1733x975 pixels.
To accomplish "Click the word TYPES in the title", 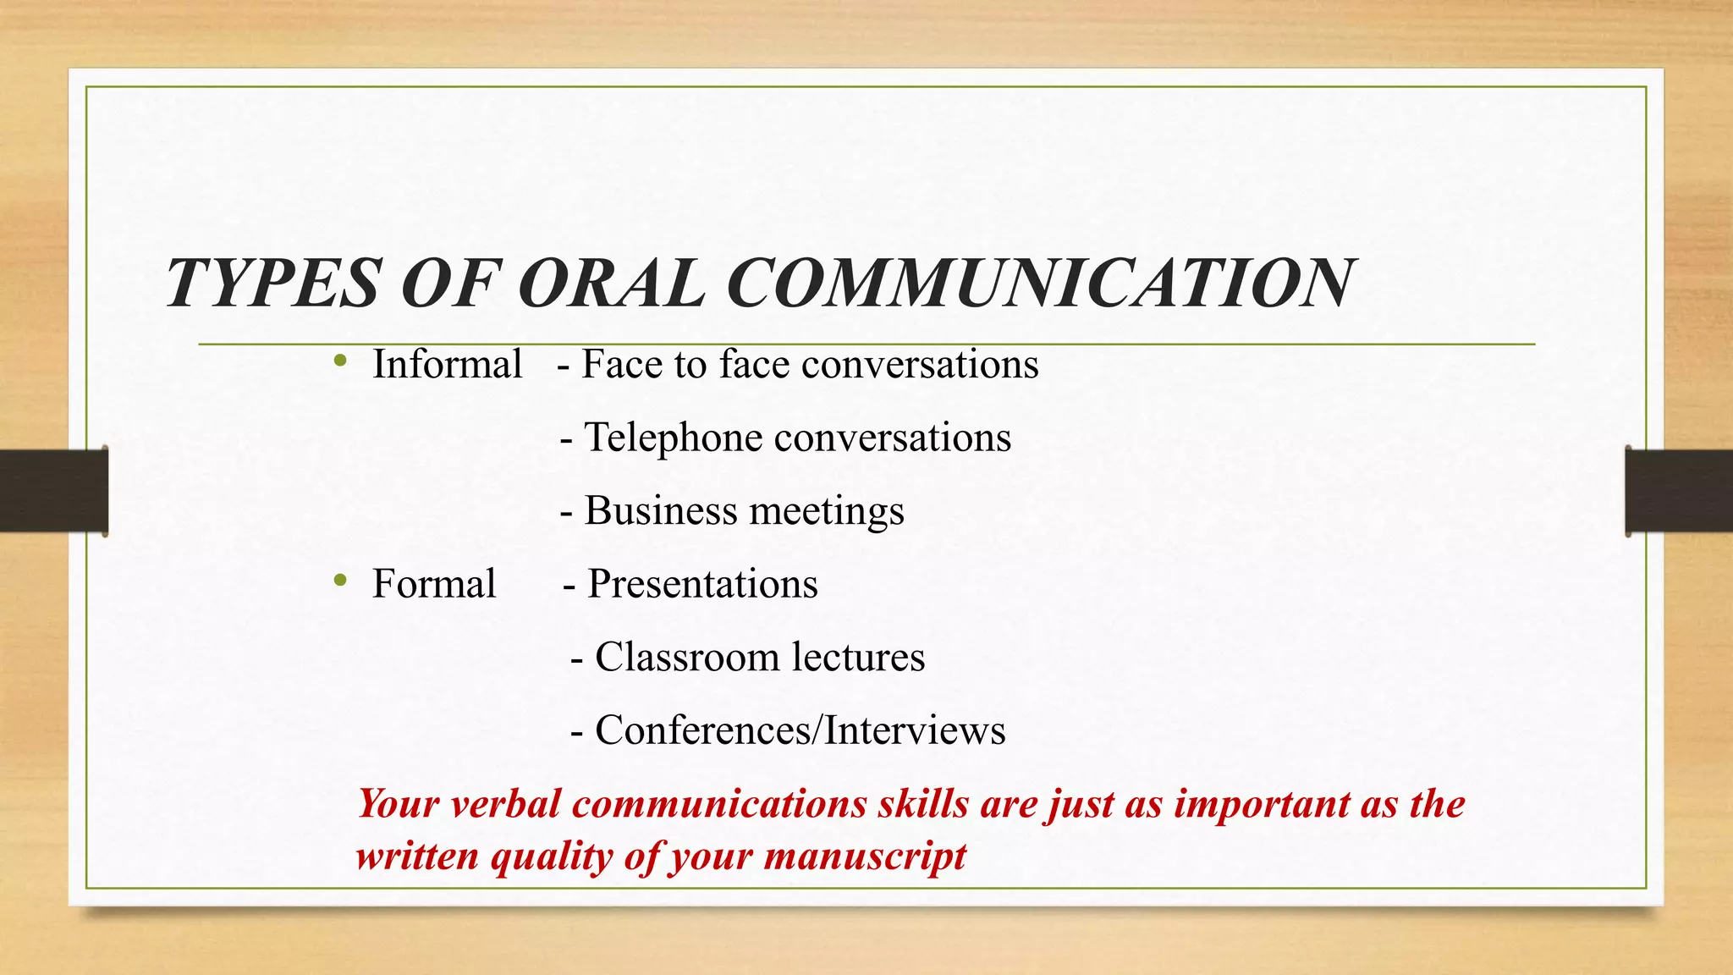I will [x=272, y=284].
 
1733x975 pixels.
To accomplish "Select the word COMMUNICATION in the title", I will [x=1041, y=284].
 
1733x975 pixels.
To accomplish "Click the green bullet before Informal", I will [x=340, y=361].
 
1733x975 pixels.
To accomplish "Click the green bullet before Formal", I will [x=340, y=581].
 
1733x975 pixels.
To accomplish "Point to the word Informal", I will [x=447, y=365].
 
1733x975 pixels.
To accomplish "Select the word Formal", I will [x=433, y=584].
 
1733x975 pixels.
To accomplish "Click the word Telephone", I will [x=674, y=438].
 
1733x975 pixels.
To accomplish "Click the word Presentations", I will [x=702, y=584].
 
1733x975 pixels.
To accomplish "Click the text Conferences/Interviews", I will [x=800, y=730].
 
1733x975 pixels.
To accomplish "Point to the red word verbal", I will [x=505, y=803].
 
